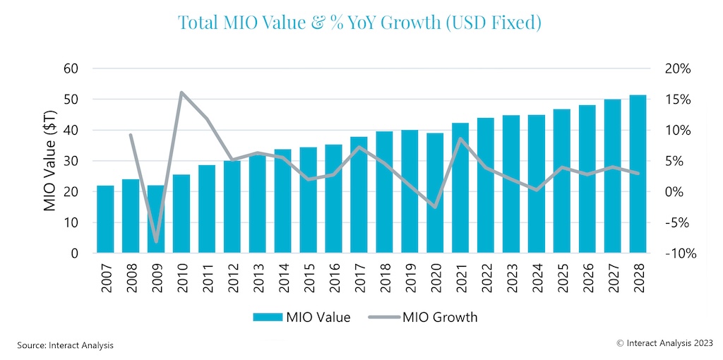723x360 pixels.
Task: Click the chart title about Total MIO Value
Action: coord(359,23)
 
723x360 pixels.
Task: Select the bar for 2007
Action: coord(105,219)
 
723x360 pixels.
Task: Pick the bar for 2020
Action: coord(435,193)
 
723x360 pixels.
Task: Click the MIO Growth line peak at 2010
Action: coord(181,92)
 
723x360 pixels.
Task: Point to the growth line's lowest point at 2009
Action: coord(156,242)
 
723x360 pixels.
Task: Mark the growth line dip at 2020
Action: coord(435,208)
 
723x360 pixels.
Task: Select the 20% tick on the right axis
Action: coord(677,68)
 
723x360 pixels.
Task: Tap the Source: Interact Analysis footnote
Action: coord(65,345)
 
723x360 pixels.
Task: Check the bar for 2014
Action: coord(282,201)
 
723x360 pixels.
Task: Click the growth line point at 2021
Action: coord(460,138)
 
